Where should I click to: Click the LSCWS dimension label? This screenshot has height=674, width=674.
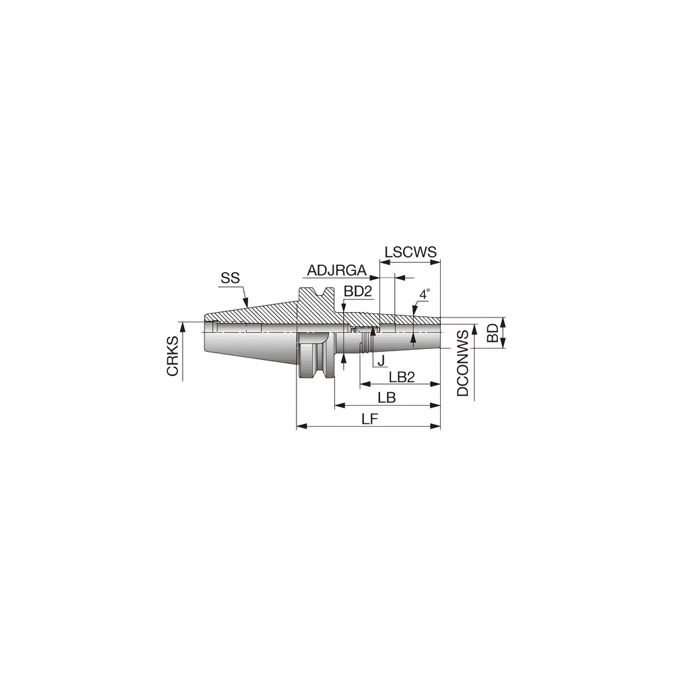click(x=411, y=253)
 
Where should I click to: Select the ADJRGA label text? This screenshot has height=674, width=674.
click(x=336, y=271)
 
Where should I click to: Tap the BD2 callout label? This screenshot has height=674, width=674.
click(x=358, y=291)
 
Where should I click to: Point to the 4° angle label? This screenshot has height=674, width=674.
click(x=424, y=295)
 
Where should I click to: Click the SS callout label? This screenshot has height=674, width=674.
click(x=230, y=278)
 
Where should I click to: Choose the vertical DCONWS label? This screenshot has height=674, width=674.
click(x=463, y=363)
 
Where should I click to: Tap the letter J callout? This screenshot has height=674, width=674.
click(x=381, y=361)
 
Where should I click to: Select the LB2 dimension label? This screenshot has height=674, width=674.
click(x=400, y=376)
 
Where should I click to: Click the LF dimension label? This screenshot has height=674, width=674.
click(x=369, y=419)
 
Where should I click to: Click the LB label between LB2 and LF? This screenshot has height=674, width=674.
click(x=387, y=398)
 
